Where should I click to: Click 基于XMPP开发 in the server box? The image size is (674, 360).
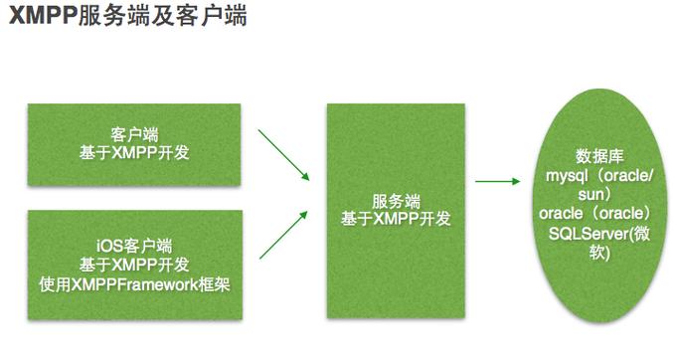coord(396,218)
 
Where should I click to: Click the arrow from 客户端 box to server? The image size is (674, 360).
coord(283,153)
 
